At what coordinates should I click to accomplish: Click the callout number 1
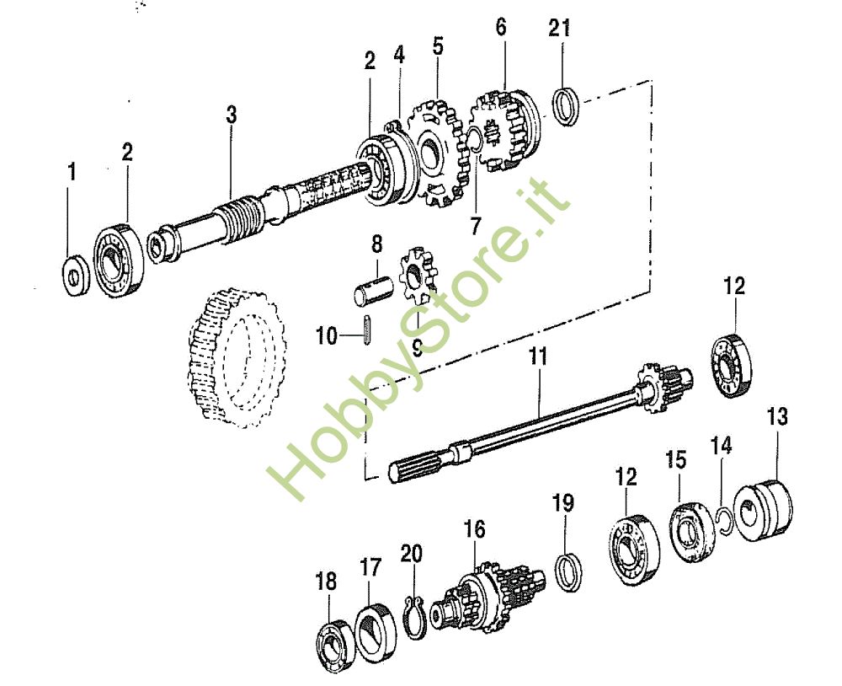72,173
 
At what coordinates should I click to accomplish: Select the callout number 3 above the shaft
231,115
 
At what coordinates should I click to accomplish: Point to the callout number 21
559,28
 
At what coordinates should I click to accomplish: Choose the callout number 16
475,529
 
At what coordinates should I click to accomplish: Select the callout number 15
676,460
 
